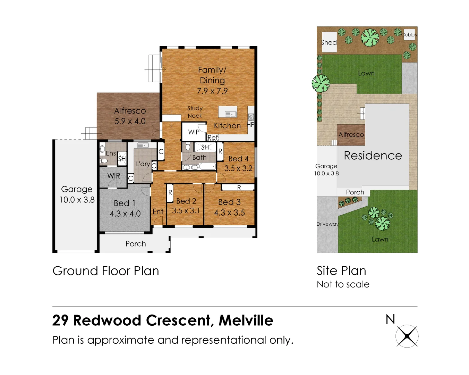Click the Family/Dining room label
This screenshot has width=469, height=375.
click(x=212, y=75)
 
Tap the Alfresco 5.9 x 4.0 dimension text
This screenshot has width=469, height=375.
click(x=130, y=121)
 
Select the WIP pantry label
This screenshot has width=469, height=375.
click(x=194, y=132)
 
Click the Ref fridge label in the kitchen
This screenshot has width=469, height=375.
click(x=213, y=137)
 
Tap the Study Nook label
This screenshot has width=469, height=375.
click(x=195, y=112)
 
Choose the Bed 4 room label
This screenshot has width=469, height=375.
click(x=238, y=159)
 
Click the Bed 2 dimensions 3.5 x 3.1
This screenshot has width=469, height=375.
click(x=186, y=211)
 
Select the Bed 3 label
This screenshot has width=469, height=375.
click(x=229, y=202)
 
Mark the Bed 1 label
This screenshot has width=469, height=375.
click(x=125, y=203)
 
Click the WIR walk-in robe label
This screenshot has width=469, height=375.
click(x=114, y=176)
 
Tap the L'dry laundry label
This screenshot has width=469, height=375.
click(x=143, y=164)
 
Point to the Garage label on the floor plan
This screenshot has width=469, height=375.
click(x=77, y=189)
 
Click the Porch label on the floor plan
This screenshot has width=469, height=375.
click(x=136, y=244)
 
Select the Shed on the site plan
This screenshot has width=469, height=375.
click(x=329, y=42)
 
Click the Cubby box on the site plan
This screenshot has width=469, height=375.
click(x=410, y=34)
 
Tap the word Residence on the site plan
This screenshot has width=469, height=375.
click(x=373, y=156)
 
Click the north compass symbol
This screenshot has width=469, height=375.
click(x=407, y=336)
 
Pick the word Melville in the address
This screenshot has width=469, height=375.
click(x=246, y=320)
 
